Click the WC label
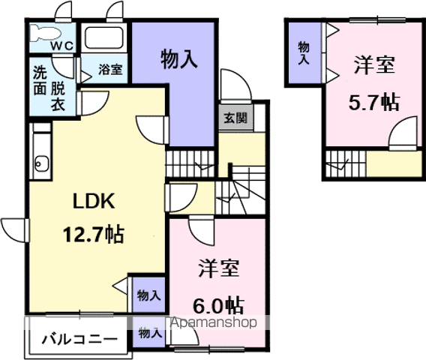(62, 46)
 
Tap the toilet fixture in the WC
(45, 33)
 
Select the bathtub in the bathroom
(103, 38)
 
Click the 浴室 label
(110, 69)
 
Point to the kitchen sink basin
(42, 163)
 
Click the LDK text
(94, 201)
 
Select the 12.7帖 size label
(94, 234)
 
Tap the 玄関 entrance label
(235, 118)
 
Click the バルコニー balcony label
(79, 339)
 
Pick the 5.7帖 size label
(374, 103)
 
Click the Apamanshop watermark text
(214, 322)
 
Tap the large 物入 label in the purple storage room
(179, 59)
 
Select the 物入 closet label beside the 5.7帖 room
(304, 53)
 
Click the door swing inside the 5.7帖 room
(403, 133)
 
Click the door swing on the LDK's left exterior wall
(15, 229)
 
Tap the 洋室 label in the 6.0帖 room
(219, 268)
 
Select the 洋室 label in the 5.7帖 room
(374, 65)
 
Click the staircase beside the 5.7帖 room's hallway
(346, 163)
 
